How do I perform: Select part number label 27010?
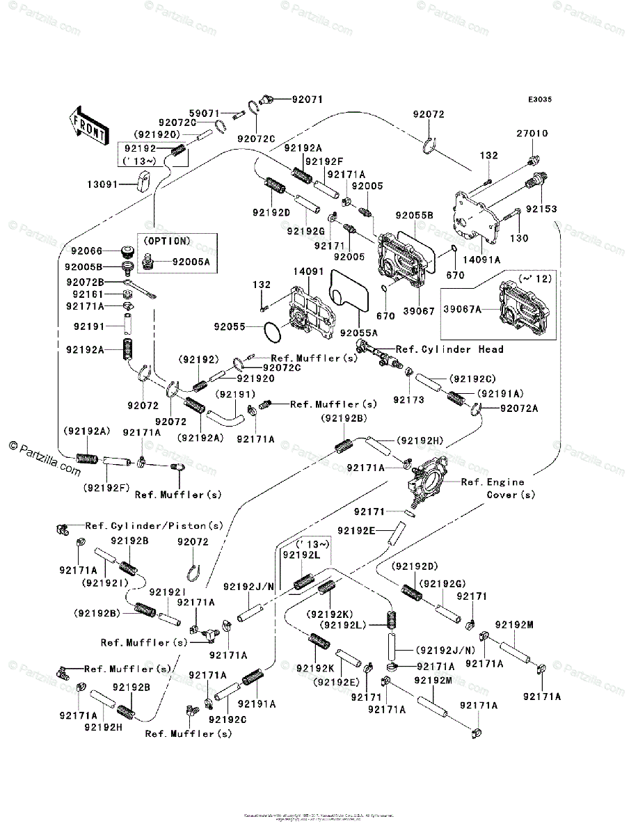click(532, 133)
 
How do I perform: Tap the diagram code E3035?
click(539, 100)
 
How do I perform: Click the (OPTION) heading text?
click(166, 241)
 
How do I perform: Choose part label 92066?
click(84, 251)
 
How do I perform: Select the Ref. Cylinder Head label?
click(449, 349)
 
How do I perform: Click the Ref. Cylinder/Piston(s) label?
click(154, 525)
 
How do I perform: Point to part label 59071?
click(205, 112)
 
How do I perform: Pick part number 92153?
click(541, 208)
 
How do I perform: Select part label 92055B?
click(415, 216)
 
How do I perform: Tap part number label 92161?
click(84, 294)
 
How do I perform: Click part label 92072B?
click(85, 282)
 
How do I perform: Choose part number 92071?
click(307, 100)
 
